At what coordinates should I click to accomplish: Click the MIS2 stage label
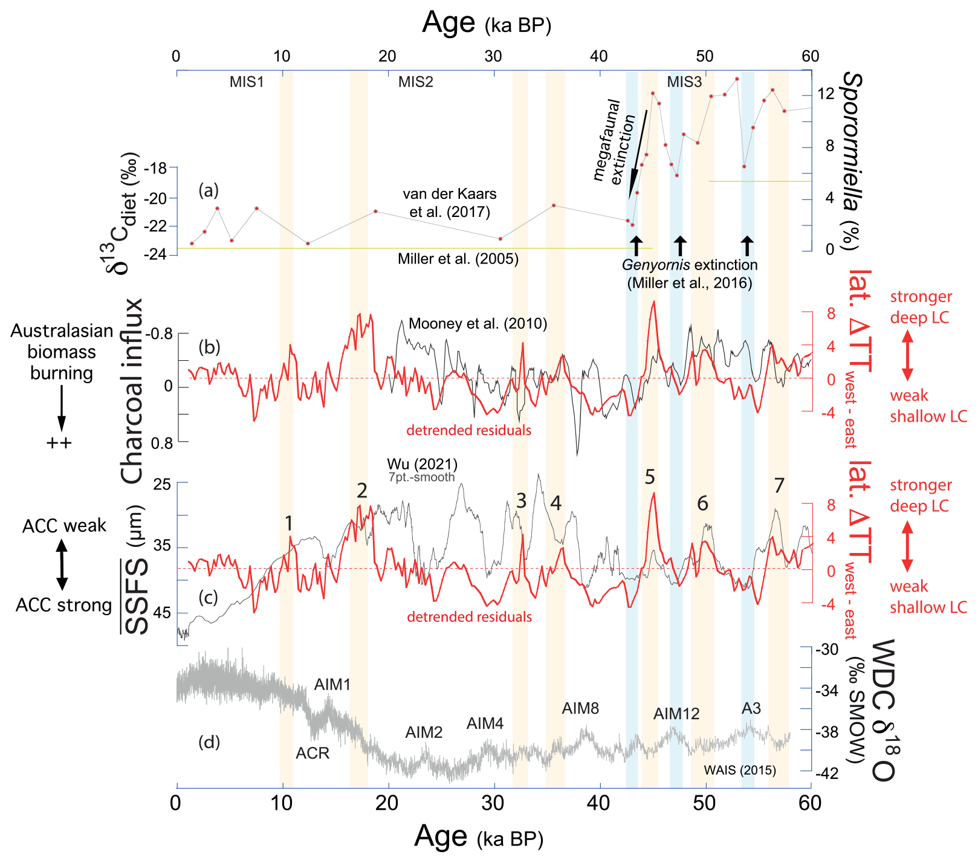pyautogui.click(x=415, y=82)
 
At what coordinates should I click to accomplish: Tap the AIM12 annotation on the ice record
pyautogui.click(x=676, y=714)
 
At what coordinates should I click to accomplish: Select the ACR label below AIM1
pyautogui.click(x=313, y=754)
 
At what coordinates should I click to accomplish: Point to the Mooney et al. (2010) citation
pyautogui.click(x=478, y=324)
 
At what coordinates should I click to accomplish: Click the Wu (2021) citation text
pyautogui.click(x=422, y=464)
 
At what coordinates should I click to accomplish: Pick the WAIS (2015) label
pyautogui.click(x=740, y=770)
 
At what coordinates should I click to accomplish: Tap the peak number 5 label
pyautogui.click(x=650, y=477)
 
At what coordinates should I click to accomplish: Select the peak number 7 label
pyautogui.click(x=779, y=485)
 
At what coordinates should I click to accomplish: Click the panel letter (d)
pyautogui.click(x=209, y=742)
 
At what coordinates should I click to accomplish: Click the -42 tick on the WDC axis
pyautogui.click(x=827, y=774)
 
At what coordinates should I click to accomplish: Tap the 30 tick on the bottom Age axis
pyautogui.click(x=493, y=803)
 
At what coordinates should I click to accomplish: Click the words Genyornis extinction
pyautogui.click(x=690, y=265)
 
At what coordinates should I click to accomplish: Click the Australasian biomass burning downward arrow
pyautogui.click(x=61, y=409)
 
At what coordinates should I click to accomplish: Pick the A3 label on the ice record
pyautogui.click(x=751, y=708)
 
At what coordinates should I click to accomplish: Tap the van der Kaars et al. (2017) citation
pyautogui.click(x=449, y=202)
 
